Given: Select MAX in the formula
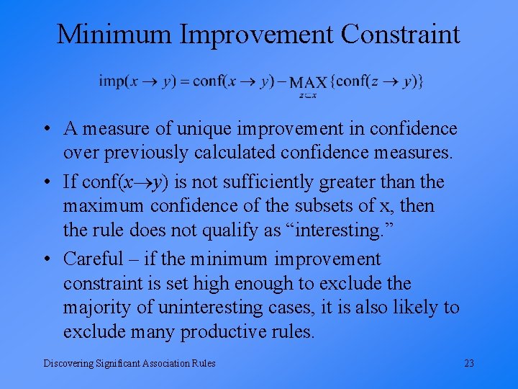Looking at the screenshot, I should click(x=309, y=83).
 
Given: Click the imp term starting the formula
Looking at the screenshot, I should click(x=112, y=81).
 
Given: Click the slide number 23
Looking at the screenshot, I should click(x=469, y=363).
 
